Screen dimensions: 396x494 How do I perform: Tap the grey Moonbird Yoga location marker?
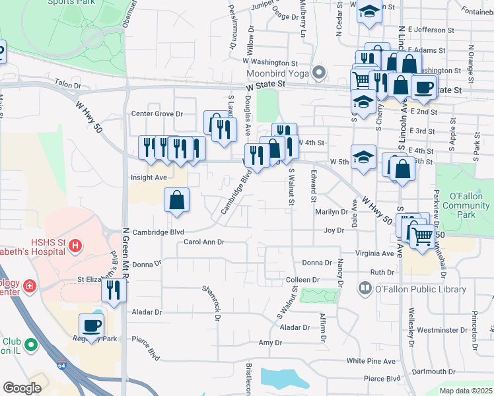319,73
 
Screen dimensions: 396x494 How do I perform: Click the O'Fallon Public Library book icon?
365,288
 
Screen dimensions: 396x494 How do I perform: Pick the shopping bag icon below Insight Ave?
176,201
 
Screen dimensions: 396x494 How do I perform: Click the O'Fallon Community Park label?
466,205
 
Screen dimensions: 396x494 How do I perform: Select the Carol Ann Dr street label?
204,242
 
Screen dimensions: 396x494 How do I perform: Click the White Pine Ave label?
370,361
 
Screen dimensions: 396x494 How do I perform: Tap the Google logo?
22,388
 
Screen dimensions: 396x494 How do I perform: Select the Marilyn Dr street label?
331,212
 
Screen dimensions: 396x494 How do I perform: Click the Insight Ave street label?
149,178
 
